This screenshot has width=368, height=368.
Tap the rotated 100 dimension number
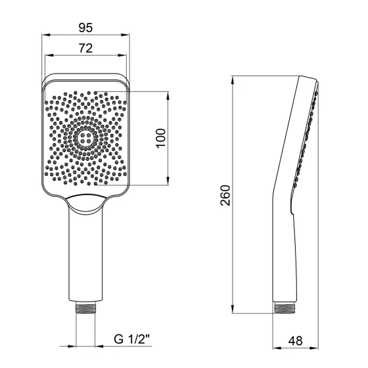coord(160,139)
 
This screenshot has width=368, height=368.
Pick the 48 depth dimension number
coord(296,342)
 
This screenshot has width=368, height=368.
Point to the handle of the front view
coord(86,256)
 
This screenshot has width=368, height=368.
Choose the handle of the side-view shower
coord(283,256)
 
